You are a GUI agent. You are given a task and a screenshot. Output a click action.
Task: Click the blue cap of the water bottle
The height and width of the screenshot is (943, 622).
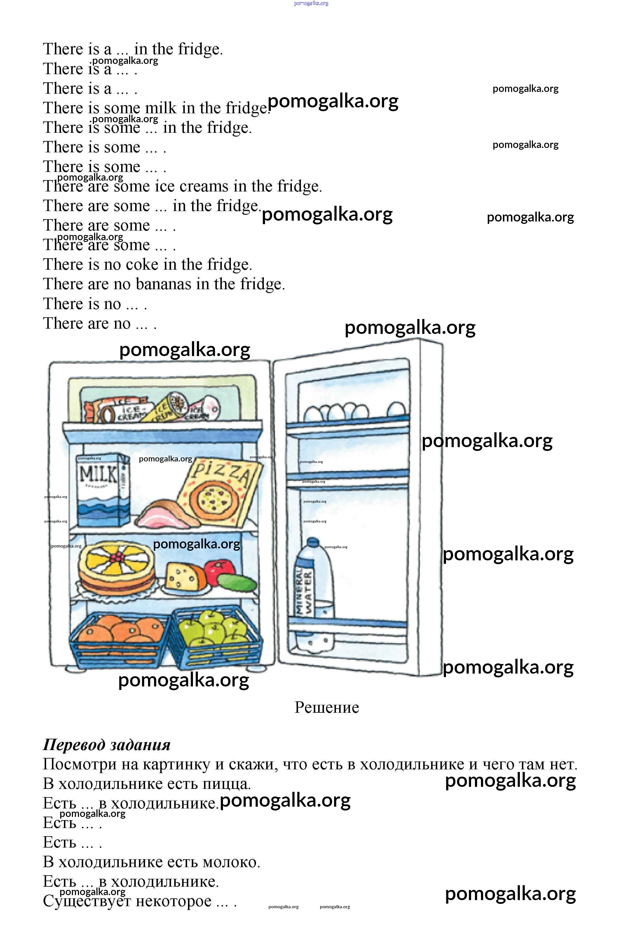tap(313, 542)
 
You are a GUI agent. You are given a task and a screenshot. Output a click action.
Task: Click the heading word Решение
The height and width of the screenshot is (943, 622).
tap(327, 707)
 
